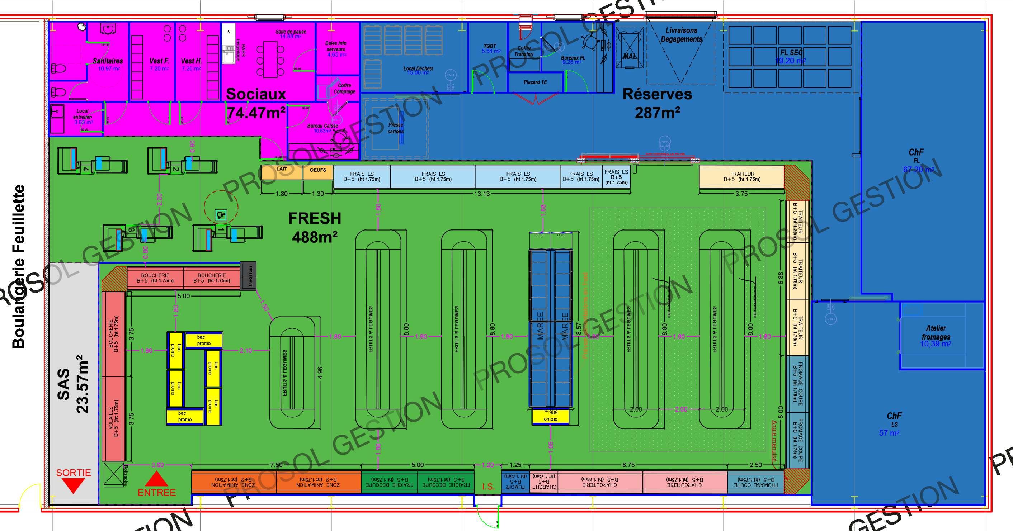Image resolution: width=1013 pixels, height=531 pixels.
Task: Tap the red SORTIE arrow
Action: point(73,486)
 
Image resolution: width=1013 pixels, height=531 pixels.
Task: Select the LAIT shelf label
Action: point(282,169)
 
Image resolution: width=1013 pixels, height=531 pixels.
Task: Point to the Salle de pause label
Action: point(291,32)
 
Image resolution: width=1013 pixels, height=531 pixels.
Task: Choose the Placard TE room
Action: point(535,82)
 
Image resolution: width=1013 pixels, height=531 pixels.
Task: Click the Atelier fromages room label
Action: point(936,332)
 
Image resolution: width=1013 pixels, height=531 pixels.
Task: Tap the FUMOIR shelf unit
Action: point(515,482)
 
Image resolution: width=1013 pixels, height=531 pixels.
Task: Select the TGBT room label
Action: point(490,46)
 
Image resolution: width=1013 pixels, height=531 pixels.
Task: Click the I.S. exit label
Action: point(488,487)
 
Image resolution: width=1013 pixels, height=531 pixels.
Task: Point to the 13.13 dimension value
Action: point(482,193)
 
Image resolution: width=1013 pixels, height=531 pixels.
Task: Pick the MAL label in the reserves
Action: point(630,56)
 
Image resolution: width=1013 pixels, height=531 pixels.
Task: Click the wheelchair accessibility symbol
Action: point(221,215)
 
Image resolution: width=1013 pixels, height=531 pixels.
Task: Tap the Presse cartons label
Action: point(396,128)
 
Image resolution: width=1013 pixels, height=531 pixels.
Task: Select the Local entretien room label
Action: point(83,114)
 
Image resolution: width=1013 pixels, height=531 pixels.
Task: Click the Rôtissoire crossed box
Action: point(114,474)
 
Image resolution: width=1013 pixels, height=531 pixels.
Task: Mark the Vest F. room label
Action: point(159,61)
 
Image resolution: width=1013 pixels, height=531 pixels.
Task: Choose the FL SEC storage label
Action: point(791,53)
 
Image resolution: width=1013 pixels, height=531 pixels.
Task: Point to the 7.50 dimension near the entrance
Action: point(276,465)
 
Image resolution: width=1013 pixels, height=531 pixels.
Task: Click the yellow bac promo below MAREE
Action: point(551,417)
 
